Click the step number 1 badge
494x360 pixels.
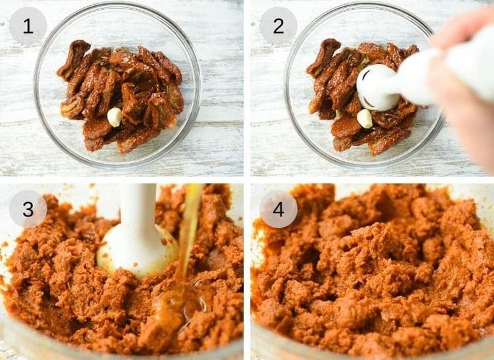[x=28, y=26]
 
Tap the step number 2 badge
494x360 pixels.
[x=278, y=26]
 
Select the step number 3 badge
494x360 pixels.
[x=28, y=209]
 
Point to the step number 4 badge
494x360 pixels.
[x=278, y=209]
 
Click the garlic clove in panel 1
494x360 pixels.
[x=115, y=116]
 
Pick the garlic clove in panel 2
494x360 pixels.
[x=364, y=118]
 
